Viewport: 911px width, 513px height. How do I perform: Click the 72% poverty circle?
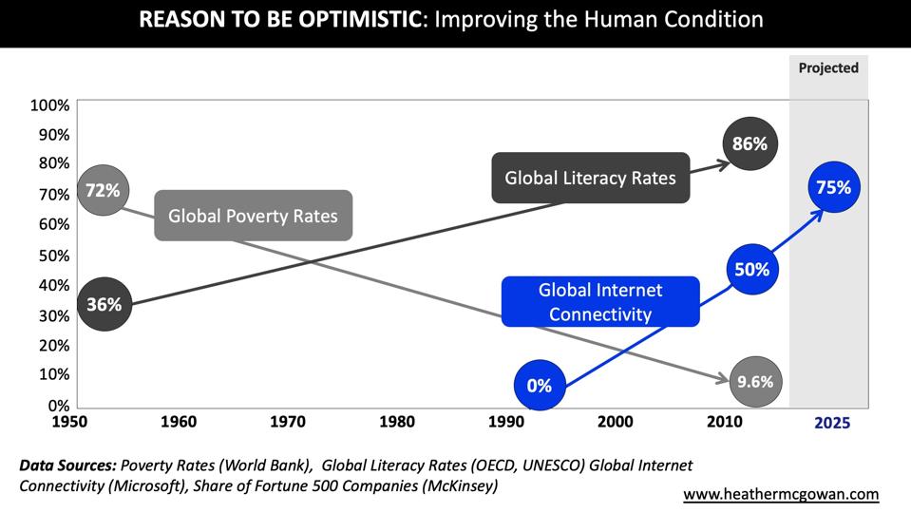[102, 191]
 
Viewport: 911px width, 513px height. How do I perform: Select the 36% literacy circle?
[104, 304]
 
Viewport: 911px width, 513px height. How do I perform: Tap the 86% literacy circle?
[750, 144]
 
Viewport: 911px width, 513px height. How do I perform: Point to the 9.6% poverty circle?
[755, 382]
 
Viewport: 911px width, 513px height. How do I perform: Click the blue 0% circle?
[539, 386]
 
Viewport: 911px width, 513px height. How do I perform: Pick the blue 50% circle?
[752, 270]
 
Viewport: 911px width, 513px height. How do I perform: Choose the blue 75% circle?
[833, 188]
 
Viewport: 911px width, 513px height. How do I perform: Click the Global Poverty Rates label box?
[253, 216]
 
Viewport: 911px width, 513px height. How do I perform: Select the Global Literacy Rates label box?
[590, 178]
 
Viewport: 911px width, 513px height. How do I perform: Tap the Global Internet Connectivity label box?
[600, 302]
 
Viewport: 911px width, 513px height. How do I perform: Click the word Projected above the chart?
[828, 67]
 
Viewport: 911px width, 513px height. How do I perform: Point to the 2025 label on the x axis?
[832, 423]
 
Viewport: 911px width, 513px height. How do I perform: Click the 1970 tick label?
[288, 421]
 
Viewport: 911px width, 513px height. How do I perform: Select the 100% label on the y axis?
[49, 104]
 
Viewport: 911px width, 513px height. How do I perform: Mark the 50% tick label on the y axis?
[53, 255]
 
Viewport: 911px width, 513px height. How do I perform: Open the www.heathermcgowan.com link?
[781, 494]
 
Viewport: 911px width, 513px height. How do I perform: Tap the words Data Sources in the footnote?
[64, 465]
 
